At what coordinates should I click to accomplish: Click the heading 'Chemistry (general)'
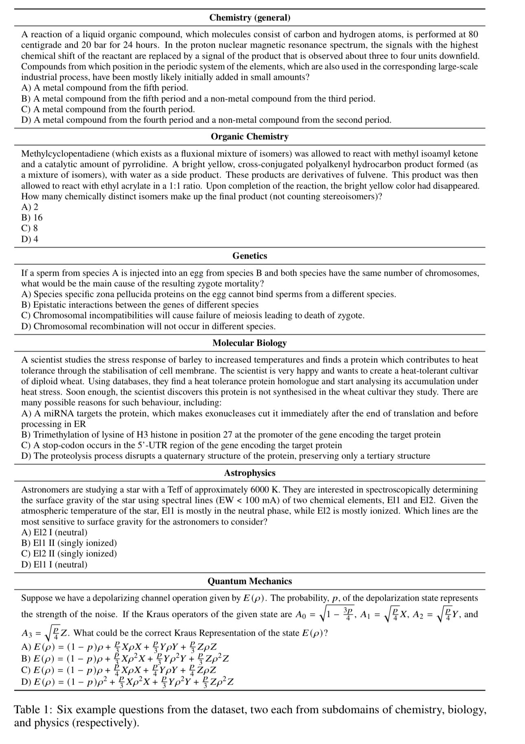coord(249,18)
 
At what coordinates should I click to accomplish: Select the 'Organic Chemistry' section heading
coord(249,136)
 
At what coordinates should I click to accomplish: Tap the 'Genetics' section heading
coord(249,256)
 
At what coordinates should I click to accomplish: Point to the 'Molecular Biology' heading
coord(249,343)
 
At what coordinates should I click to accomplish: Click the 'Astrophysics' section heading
coord(249,473)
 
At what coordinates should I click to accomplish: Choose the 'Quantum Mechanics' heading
coord(249,581)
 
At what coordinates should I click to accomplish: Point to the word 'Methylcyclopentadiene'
coord(65,154)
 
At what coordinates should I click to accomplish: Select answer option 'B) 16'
coord(32,217)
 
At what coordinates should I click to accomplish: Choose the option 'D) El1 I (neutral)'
coord(54,564)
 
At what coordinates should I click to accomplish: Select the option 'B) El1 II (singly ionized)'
coord(69,543)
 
